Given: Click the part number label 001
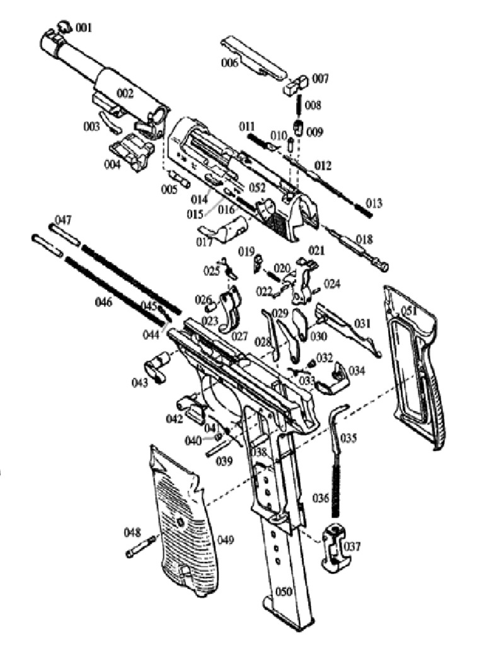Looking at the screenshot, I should point(84,28).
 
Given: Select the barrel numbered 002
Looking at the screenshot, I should point(104,79).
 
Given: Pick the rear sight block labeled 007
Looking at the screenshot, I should point(297,83).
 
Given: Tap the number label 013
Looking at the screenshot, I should point(374,203).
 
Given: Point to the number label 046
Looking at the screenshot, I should point(103,302).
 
